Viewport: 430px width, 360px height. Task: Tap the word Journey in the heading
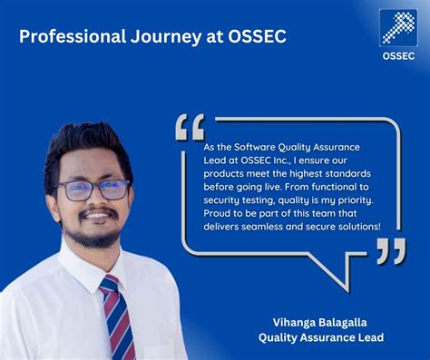pyautogui.click(x=161, y=37)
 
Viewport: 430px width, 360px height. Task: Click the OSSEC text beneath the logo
pyautogui.click(x=397, y=54)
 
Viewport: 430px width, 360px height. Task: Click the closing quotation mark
pyautogui.click(x=392, y=251)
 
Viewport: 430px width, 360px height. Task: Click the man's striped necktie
pyautogui.click(x=117, y=317)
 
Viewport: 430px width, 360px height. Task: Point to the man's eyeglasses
pyautogui.click(x=92, y=190)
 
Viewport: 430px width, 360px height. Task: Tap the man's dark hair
pyautogui.click(x=86, y=145)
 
